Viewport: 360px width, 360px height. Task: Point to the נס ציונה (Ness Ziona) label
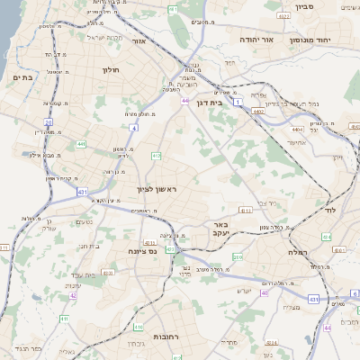[x=142, y=250]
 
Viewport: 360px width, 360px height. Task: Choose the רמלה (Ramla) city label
[x=299, y=253]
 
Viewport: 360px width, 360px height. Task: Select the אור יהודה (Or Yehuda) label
[x=256, y=40]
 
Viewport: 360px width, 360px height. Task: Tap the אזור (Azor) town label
[x=139, y=40]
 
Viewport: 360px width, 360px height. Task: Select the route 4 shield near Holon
[x=134, y=129]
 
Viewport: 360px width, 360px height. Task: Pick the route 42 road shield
[x=72, y=295]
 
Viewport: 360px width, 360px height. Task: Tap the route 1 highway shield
[x=238, y=103]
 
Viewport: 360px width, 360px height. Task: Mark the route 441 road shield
[x=81, y=143]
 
